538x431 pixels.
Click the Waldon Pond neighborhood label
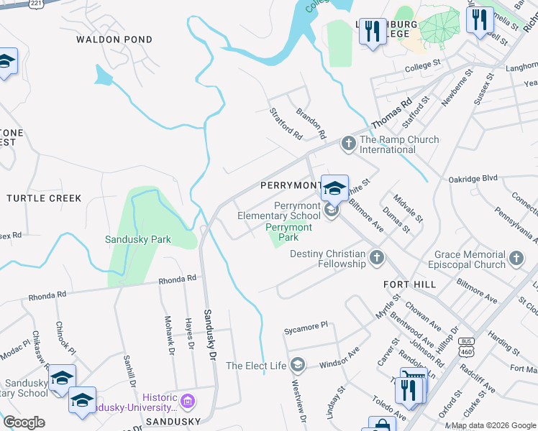(114, 40)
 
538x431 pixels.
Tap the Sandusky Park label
(138, 239)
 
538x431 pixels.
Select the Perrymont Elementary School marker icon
(332, 210)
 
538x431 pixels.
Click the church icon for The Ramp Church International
(349, 144)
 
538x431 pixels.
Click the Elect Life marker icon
(298, 366)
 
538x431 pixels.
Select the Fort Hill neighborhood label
(409, 284)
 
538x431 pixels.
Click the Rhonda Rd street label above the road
(177, 279)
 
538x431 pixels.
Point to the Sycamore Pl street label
(305, 325)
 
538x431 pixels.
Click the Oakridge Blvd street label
(473, 178)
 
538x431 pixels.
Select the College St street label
(422, 65)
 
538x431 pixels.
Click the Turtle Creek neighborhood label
(44, 198)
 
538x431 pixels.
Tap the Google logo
(23, 422)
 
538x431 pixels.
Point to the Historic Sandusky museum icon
(188, 400)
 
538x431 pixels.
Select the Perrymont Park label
(288, 232)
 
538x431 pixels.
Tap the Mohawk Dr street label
(169, 336)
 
